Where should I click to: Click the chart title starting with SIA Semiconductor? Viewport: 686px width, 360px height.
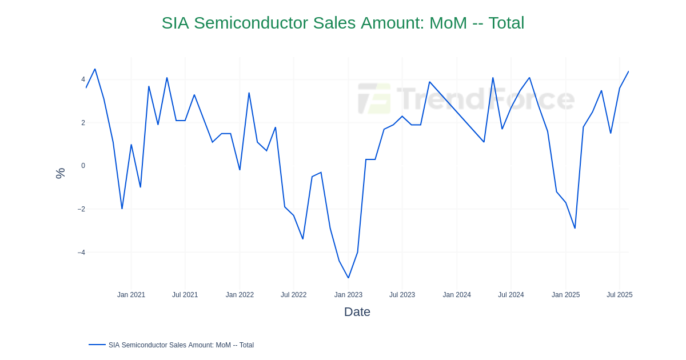[343, 23]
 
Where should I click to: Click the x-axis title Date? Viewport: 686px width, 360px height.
[357, 312]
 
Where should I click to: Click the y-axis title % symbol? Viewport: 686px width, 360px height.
[60, 173]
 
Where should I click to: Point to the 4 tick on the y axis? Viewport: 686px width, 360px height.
[83, 79]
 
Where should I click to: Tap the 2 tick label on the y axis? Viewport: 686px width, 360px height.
[83, 123]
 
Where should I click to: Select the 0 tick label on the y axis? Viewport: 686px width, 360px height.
[83, 166]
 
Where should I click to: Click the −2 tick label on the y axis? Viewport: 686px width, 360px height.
[81, 209]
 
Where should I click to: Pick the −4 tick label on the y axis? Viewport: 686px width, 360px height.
[81, 253]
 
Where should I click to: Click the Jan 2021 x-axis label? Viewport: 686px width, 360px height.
[131, 295]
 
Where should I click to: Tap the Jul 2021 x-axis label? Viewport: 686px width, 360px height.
[185, 295]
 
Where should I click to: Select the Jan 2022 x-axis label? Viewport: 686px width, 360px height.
[240, 295]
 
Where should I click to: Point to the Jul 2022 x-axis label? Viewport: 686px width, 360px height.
[293, 295]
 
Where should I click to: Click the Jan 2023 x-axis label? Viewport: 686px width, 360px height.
[348, 295]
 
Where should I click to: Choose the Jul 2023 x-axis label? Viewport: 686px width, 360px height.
[402, 295]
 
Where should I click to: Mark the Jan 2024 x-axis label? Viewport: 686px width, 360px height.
[457, 295]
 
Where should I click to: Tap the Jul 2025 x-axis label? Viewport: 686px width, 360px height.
[619, 295]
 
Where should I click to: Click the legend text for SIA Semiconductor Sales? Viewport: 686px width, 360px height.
[181, 345]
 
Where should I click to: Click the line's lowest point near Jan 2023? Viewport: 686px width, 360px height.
[348, 278]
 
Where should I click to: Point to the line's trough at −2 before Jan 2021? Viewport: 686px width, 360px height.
[122, 209]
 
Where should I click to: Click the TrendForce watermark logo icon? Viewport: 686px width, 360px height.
[374, 99]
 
